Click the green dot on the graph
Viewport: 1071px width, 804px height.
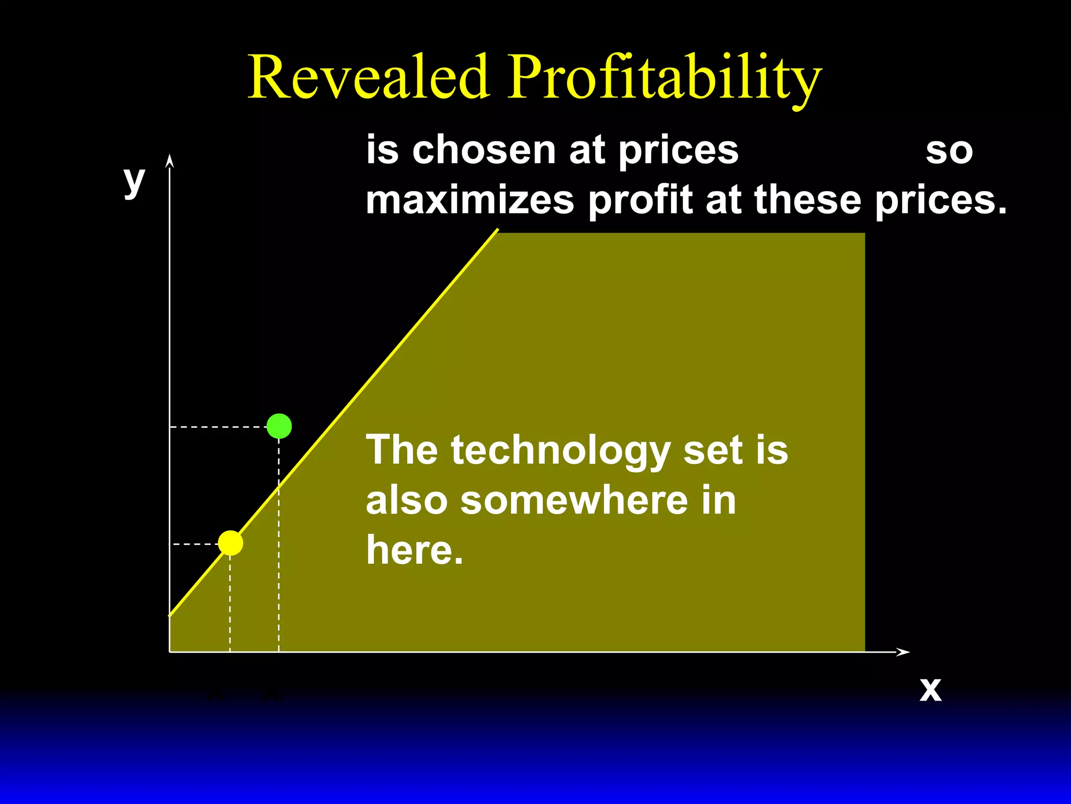(x=279, y=426)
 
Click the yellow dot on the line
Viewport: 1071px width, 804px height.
(x=231, y=543)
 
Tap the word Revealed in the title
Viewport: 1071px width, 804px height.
(x=369, y=77)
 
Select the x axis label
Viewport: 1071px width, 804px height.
(x=930, y=689)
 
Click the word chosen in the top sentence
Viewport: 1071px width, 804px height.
(x=484, y=150)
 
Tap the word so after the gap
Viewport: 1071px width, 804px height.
(x=949, y=151)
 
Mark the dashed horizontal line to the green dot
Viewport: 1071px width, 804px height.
(x=220, y=427)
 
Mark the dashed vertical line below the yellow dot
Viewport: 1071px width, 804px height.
(x=230, y=602)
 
